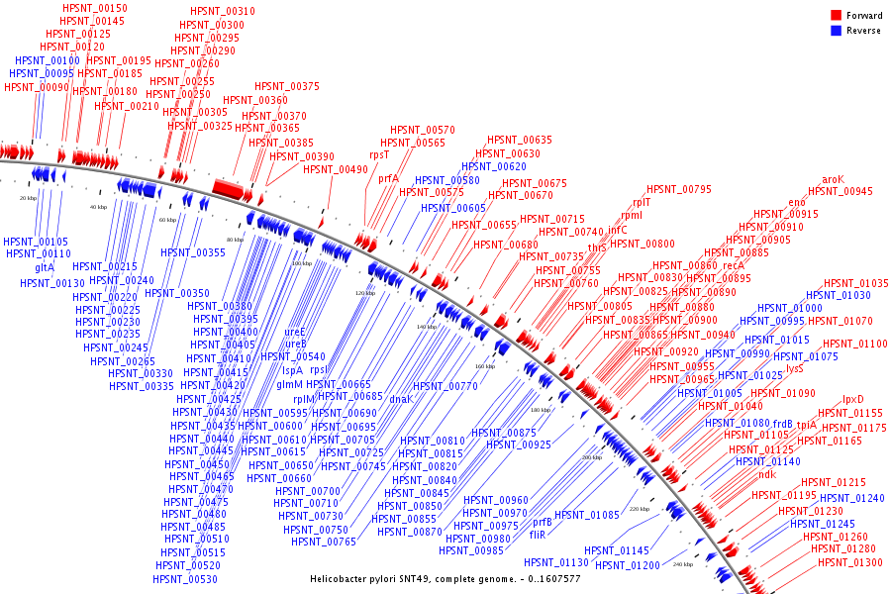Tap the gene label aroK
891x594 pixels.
click(833, 179)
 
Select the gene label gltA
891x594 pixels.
click(45, 267)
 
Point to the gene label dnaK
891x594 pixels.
click(400, 399)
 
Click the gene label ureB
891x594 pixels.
click(295, 345)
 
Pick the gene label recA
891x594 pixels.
click(733, 265)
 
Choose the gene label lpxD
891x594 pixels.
click(853, 399)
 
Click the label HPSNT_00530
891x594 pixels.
click(185, 578)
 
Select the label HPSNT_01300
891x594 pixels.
click(850, 562)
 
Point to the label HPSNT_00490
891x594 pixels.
click(336, 169)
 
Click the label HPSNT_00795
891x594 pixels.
click(679, 189)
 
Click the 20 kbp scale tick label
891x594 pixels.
click(28, 198)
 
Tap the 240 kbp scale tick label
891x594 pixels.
click(683, 564)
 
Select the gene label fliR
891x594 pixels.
click(538, 534)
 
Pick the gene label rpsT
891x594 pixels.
click(380, 154)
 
